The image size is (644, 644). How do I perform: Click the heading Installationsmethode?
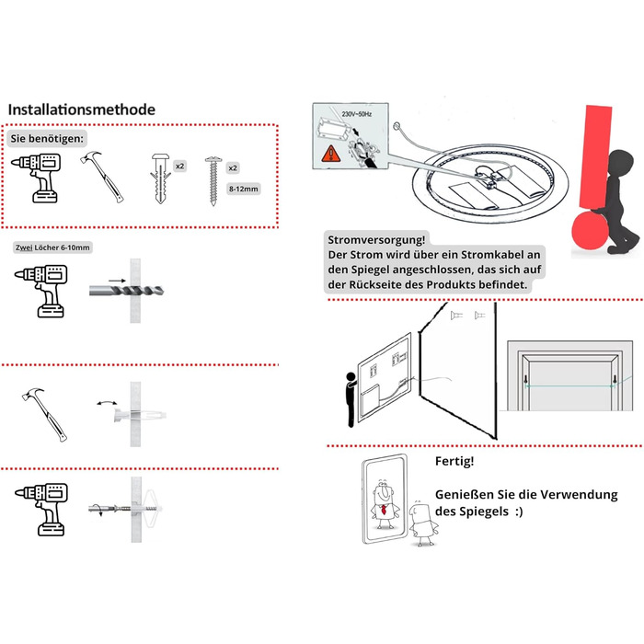tap(82, 109)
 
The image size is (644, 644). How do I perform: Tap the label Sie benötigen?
tap(47, 138)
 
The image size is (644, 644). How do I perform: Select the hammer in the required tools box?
tap(103, 177)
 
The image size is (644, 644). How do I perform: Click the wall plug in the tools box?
tap(161, 178)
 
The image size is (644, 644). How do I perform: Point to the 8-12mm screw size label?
tap(244, 189)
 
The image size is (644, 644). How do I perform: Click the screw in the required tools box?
tap(213, 180)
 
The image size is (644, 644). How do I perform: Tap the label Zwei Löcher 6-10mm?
tap(52, 247)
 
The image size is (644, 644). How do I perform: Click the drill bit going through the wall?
tap(127, 291)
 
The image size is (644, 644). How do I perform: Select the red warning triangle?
tap(330, 154)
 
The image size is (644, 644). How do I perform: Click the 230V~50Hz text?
tap(357, 114)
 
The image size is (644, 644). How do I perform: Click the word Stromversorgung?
tap(376, 240)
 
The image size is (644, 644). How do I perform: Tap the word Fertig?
tap(454, 461)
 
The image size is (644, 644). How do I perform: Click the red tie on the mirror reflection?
tap(384, 510)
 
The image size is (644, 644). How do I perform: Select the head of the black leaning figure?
tap(621, 163)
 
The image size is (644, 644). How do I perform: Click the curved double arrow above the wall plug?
tap(107, 403)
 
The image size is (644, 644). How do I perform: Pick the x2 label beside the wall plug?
tap(180, 166)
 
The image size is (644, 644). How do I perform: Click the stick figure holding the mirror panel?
tap(351, 399)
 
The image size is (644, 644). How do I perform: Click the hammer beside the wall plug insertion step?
tap(44, 414)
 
